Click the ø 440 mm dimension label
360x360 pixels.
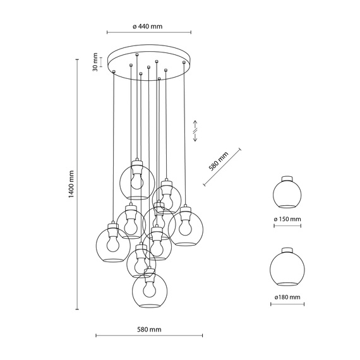(x=148, y=26)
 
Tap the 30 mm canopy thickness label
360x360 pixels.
(x=95, y=64)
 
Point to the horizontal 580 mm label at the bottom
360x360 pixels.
(x=148, y=329)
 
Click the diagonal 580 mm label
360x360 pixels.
(x=219, y=164)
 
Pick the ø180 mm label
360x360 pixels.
(x=287, y=296)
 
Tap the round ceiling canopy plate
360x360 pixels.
(x=148, y=62)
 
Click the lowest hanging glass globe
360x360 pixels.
(x=149, y=291)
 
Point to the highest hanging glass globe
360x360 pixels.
(x=136, y=179)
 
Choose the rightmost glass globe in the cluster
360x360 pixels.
(x=184, y=228)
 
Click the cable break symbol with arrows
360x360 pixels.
(x=196, y=130)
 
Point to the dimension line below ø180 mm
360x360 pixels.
(x=287, y=304)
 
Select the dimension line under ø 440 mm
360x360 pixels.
(x=148, y=33)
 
